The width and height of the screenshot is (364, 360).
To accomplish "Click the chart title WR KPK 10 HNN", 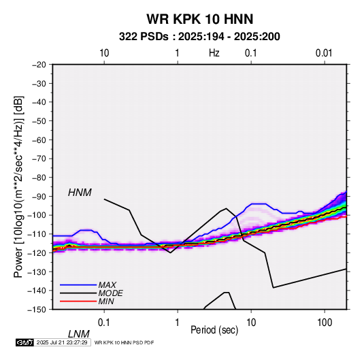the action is click(x=199, y=19).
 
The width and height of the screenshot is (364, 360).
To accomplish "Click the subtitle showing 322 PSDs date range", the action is click(x=199, y=37).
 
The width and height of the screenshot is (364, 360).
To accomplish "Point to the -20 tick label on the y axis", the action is click(x=39, y=65).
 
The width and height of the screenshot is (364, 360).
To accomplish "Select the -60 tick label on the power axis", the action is click(x=39, y=140).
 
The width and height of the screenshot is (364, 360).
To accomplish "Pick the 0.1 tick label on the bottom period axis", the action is click(x=104, y=323).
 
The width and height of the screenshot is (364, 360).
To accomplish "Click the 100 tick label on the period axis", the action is click(x=325, y=323).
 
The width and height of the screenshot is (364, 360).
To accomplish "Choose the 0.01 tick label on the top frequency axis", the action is click(x=324, y=53).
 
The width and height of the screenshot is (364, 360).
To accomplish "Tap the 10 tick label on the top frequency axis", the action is click(x=104, y=53).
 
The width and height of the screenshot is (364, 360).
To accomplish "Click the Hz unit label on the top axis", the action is click(x=214, y=53).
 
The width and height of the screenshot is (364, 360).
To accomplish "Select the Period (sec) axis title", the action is click(x=214, y=330).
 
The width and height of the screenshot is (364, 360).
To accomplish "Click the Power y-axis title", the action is click(x=18, y=187).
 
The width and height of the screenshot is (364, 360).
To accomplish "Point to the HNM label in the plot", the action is click(x=80, y=193).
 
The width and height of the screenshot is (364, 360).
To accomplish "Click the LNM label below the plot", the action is click(x=79, y=334).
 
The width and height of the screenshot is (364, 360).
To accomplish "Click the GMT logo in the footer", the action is click(x=24, y=342).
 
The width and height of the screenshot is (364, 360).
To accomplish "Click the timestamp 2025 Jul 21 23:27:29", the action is click(x=62, y=342).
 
